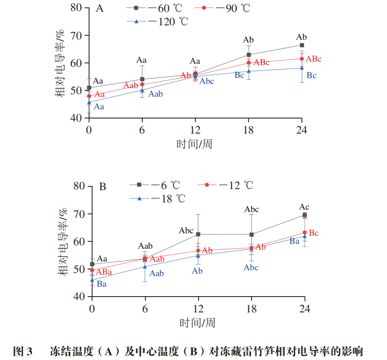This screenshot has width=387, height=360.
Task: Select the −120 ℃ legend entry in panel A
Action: (158, 21)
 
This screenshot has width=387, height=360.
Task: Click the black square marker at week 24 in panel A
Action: (302, 45)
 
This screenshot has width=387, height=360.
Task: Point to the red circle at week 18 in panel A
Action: (249, 63)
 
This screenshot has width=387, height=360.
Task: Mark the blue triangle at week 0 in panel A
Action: (89, 102)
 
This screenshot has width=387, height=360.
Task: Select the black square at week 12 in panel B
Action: (198, 234)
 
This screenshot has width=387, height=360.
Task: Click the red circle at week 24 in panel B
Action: (305, 232)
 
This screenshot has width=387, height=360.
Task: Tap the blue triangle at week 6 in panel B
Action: (145, 267)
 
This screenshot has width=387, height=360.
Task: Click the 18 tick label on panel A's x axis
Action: (248, 130)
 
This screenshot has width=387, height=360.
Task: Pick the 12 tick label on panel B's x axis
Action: (198, 309)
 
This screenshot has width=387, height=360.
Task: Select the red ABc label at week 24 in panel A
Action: (314, 59)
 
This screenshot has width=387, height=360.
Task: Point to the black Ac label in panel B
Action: (304, 207)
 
